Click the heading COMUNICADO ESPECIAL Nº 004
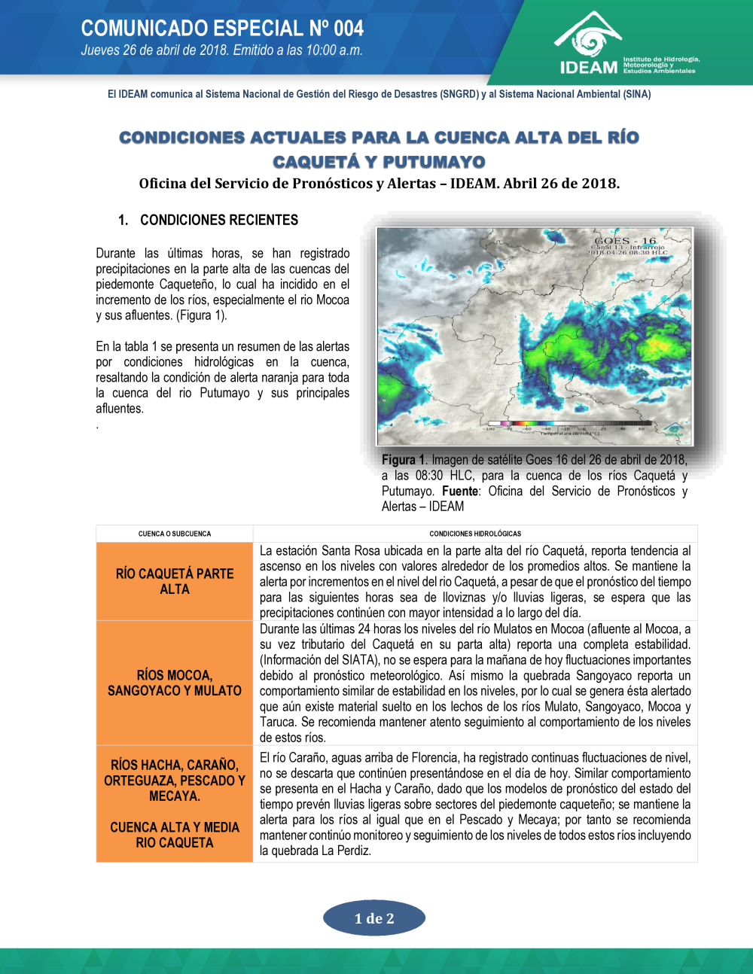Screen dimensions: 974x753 tap(222, 29)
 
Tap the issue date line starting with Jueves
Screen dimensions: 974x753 tap(221, 51)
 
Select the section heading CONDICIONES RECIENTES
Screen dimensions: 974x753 tap(219, 220)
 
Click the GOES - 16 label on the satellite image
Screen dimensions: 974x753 tap(625, 241)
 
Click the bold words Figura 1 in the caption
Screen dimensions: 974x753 tap(404, 460)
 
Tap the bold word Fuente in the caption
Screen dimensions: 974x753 tap(460, 492)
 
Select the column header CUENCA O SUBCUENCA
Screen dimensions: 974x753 tap(175, 534)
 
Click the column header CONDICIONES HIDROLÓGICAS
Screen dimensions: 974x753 tap(475, 534)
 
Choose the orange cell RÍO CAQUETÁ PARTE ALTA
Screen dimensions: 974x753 tap(175, 581)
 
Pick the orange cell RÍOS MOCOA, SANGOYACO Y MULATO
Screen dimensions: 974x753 tap(175, 683)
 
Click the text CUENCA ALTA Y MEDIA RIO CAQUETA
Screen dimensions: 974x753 tap(175, 835)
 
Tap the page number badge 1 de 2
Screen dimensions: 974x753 tap(374, 918)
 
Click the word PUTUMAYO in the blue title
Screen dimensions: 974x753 tap(434, 162)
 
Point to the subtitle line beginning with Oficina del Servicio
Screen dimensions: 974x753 tap(379, 184)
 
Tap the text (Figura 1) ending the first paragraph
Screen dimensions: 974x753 tap(203, 315)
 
